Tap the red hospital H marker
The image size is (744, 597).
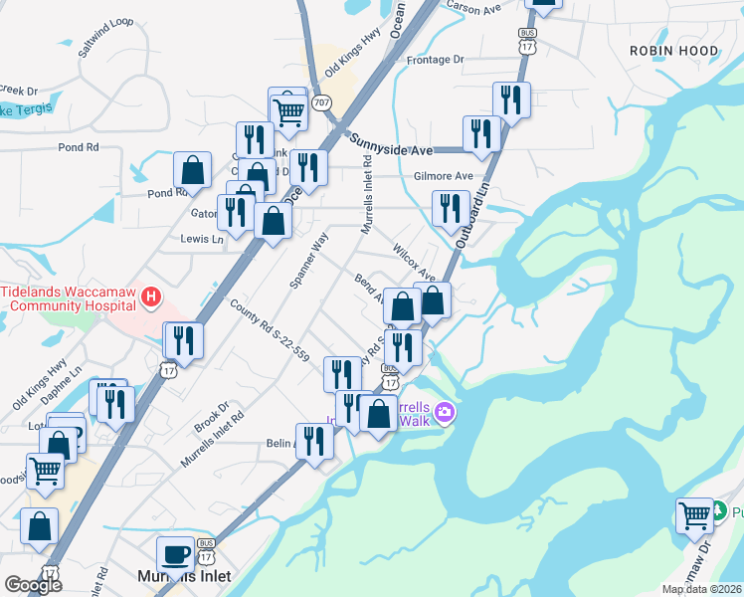[150, 296]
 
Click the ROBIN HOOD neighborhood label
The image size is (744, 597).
[673, 50]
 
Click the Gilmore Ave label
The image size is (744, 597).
[443, 176]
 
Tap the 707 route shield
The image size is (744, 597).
[321, 102]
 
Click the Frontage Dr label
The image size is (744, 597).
[436, 60]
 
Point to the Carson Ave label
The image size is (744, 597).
[472, 7]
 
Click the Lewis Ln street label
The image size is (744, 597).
[202, 239]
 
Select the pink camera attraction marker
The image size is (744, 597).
[445, 412]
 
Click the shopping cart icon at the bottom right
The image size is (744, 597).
[694, 515]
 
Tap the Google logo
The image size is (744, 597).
[33, 585]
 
